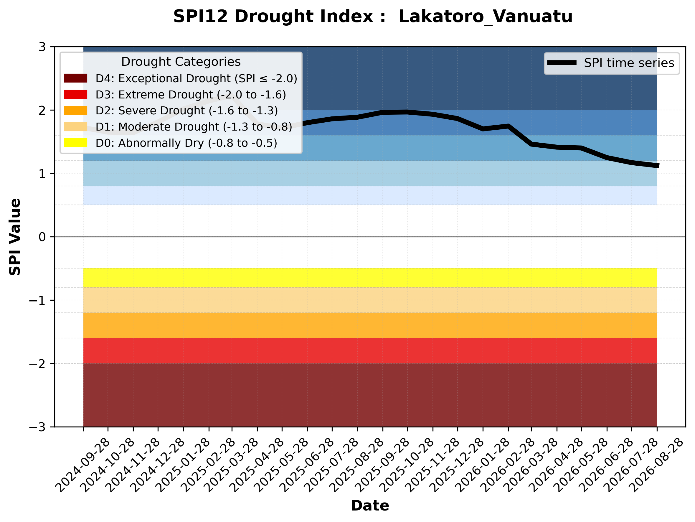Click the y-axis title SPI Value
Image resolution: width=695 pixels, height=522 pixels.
15,237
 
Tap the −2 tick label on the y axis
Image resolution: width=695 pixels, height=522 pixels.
37,364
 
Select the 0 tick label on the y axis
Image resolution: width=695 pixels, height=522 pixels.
42,237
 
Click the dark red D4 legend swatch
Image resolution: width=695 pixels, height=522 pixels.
75,78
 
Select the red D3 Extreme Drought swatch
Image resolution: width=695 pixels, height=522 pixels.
75,94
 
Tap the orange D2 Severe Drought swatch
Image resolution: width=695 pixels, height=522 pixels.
75,111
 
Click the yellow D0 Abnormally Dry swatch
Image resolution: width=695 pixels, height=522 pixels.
75,143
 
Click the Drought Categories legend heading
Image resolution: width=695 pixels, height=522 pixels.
181,62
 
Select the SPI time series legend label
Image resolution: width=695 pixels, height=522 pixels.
629,63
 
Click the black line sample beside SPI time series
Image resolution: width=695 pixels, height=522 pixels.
562,63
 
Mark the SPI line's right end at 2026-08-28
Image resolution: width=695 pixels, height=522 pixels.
658,166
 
